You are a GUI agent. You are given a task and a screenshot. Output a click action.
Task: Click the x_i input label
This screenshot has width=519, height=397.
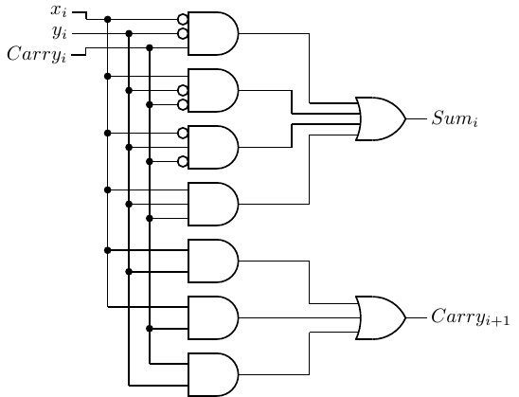pyautogui.click(x=59, y=10)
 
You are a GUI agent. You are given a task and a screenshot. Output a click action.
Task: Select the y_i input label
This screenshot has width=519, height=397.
pyautogui.click(x=60, y=32)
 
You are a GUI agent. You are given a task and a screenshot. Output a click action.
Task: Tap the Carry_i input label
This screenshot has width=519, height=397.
pyautogui.click(x=37, y=54)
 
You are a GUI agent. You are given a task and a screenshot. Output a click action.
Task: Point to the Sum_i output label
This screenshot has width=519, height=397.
pyautogui.click(x=455, y=118)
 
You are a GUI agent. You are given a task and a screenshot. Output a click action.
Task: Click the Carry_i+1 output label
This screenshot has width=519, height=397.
pyautogui.click(x=471, y=316)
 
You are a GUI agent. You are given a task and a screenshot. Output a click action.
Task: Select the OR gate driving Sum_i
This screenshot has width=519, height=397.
pyautogui.click(x=381, y=118)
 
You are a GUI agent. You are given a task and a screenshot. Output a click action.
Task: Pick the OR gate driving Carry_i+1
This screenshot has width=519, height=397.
pyautogui.click(x=381, y=317)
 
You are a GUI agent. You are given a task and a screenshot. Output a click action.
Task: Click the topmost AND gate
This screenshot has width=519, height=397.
pyautogui.click(x=213, y=33)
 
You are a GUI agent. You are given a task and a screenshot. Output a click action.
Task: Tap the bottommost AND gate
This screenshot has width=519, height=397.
pyautogui.click(x=213, y=374)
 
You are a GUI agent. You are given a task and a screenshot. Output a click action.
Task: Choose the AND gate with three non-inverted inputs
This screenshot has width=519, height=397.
pyautogui.click(x=213, y=204)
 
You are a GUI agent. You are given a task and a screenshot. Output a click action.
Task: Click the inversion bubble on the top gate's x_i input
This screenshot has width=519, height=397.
pyautogui.click(x=183, y=20)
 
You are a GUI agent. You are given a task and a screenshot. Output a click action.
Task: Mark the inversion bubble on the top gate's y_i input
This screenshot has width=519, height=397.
pyautogui.click(x=183, y=33)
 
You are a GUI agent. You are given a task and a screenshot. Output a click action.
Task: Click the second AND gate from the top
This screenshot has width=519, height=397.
pyautogui.click(x=213, y=90)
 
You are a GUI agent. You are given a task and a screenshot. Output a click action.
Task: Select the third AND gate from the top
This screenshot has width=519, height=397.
pyautogui.click(x=213, y=148)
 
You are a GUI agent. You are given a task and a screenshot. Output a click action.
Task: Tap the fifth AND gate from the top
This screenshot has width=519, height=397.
pyautogui.click(x=213, y=261)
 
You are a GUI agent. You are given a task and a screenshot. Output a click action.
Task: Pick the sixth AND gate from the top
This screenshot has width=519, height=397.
pyautogui.click(x=213, y=317)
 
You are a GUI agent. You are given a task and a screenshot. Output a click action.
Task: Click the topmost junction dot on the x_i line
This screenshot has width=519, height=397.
pyautogui.click(x=107, y=20)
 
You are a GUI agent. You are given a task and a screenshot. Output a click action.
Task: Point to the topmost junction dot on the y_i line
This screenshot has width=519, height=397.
pyautogui.click(x=129, y=33)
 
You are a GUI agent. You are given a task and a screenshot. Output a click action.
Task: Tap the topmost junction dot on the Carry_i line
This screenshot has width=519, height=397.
pyautogui.click(x=150, y=48)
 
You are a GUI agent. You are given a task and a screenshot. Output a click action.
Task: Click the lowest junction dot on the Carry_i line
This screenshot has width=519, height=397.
pyautogui.click(x=150, y=329)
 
